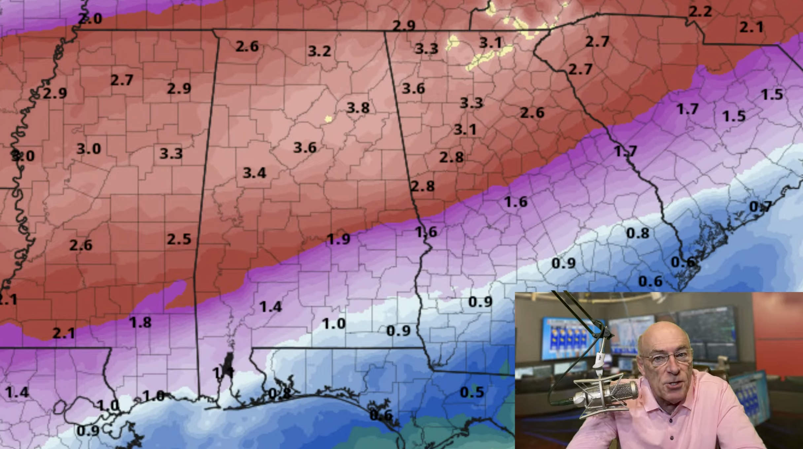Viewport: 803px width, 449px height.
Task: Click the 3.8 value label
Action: coord(358,108)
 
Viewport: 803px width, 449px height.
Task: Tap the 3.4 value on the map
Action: coord(254,173)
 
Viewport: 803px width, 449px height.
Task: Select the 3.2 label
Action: coord(319,51)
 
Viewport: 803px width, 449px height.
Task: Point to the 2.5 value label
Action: coord(179,239)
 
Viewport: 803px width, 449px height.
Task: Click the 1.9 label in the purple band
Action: coord(338,239)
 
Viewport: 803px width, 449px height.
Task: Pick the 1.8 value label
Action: coord(140,323)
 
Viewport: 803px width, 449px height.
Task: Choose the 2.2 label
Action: coord(700,12)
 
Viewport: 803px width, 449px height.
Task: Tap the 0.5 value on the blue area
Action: coord(472,392)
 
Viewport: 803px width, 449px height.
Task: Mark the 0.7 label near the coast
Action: coord(760,207)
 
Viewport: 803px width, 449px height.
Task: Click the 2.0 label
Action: coord(90,19)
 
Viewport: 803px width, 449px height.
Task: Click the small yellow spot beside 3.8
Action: coord(328,119)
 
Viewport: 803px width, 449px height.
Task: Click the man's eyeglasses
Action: coord(670,358)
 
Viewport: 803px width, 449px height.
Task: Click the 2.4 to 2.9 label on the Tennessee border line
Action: coord(403,26)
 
